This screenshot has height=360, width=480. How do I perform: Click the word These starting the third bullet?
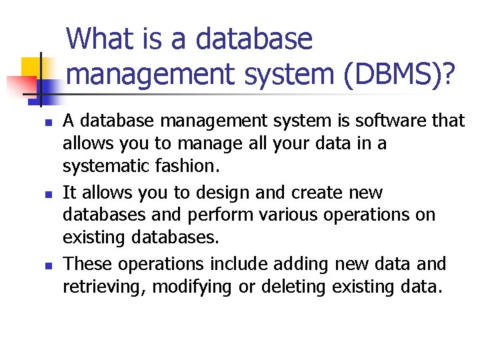coord(87,264)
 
